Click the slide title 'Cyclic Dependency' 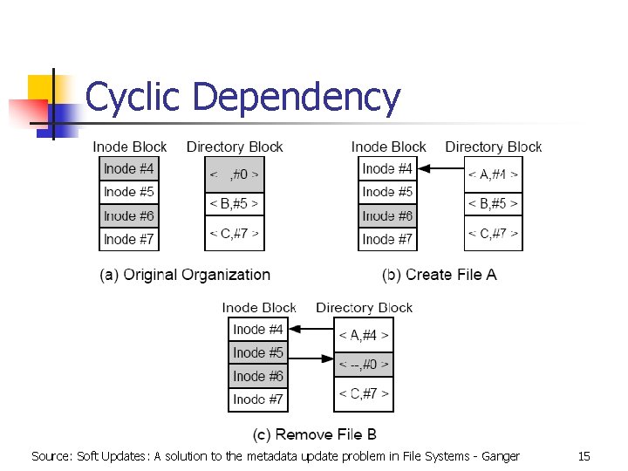click(242, 98)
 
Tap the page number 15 click(584, 455)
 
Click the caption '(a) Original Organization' click(185, 275)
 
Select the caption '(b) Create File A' click(440, 275)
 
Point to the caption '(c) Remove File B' click(315, 434)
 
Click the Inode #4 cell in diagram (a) click(129, 168)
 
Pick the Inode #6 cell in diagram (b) click(388, 215)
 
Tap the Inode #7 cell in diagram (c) click(258, 399)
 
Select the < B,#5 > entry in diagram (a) click(234, 204)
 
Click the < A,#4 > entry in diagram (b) click(493, 174)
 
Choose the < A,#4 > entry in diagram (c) click(364, 335)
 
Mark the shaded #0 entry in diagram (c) click(364, 365)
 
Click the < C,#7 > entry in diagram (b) click(493, 233)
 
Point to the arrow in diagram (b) click(440, 169)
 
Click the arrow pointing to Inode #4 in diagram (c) click(311, 330)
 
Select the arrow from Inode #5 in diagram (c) click(311, 357)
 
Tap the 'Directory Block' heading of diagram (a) click(235, 147)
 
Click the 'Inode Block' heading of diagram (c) click(259, 307)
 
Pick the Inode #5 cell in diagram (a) click(129, 192)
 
